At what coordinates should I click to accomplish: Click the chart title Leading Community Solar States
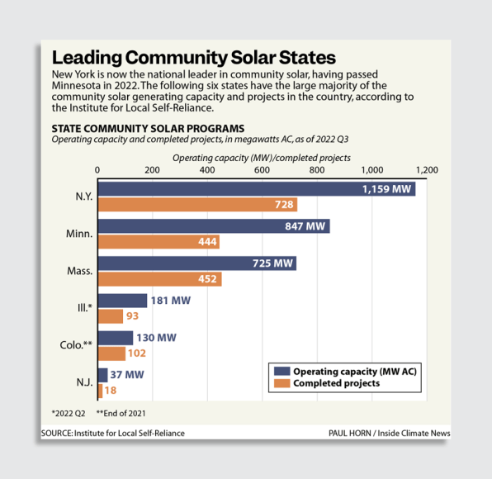pos(193,58)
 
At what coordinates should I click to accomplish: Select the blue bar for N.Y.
pos(256,189)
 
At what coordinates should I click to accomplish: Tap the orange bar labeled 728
pos(197,205)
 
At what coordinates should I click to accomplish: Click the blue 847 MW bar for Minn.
pos(214,226)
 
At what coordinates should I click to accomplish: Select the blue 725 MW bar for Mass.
pos(197,263)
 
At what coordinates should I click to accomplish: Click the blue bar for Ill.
pos(123,301)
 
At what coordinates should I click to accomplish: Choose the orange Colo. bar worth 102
pos(112,353)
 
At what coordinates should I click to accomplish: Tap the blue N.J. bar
pos(103,375)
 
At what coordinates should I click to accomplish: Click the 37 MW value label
pos(128,375)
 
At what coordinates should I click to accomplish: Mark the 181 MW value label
pos(170,301)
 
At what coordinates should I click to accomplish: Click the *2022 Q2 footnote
pos(69,412)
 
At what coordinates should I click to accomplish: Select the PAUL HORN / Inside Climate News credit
pos(389,433)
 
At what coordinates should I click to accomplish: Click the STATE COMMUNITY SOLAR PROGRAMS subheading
pos(148,129)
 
